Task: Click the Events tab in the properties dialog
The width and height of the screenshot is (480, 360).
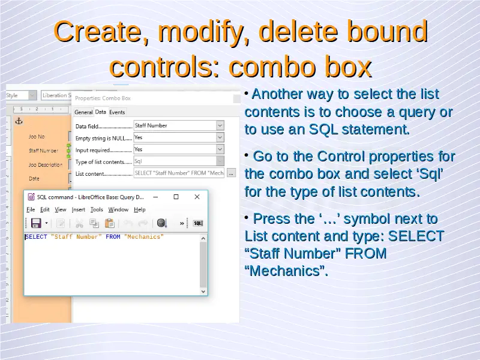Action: (x=117, y=112)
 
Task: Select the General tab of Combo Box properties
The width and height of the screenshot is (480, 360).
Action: (x=83, y=112)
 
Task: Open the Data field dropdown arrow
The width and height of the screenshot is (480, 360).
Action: (x=220, y=125)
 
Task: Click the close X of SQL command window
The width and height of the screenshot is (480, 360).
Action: (x=197, y=197)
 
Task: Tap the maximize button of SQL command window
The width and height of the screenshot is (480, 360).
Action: (x=176, y=197)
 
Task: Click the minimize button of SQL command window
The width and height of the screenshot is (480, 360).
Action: (x=155, y=197)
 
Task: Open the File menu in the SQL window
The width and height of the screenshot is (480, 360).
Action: (x=31, y=209)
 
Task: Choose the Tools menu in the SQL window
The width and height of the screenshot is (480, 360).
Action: (x=97, y=209)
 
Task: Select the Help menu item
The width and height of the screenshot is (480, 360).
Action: (x=140, y=209)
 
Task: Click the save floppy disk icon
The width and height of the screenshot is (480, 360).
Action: (x=36, y=223)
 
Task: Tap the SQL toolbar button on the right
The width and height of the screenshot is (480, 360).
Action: (x=198, y=223)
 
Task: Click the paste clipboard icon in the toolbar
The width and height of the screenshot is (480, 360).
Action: (x=109, y=223)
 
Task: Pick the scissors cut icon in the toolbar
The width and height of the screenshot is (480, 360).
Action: (x=79, y=223)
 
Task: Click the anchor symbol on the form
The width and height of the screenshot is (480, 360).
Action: (x=19, y=121)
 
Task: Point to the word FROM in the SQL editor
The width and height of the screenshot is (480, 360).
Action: (x=113, y=237)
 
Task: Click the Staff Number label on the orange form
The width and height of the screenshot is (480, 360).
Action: (x=43, y=151)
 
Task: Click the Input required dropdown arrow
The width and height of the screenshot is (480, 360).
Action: (x=220, y=149)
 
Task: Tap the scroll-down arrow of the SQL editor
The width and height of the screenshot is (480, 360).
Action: (x=203, y=292)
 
